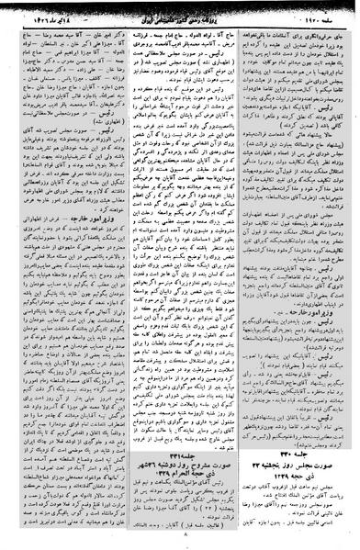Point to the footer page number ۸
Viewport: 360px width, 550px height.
(181, 541)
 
